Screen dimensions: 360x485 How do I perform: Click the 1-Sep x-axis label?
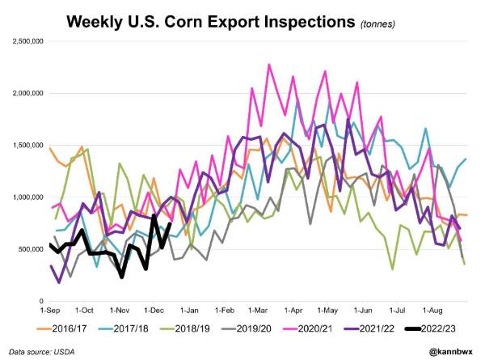coord(50,310)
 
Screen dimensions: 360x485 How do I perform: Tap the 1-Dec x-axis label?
coord(154,310)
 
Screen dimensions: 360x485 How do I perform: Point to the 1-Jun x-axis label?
coord(362,310)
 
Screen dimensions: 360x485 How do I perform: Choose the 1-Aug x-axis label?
coord(432,310)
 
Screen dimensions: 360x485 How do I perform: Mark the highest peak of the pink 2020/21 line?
coord(269,64)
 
